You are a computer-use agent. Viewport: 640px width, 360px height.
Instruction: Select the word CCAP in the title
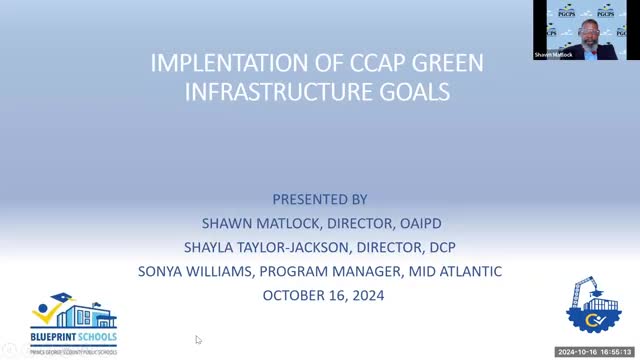tap(365, 63)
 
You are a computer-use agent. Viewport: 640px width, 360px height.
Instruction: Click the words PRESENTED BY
tap(320, 199)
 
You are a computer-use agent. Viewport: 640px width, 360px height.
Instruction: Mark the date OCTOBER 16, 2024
tap(322, 295)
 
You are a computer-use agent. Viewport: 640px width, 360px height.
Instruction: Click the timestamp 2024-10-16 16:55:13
tap(596, 352)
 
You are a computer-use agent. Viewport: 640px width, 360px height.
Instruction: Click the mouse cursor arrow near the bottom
tap(198, 340)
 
